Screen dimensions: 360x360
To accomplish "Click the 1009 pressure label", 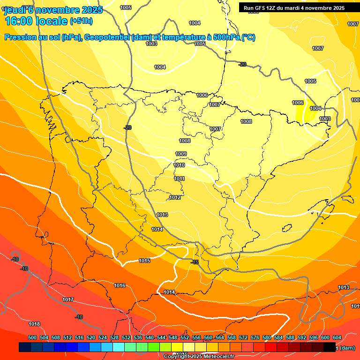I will coord(181,154).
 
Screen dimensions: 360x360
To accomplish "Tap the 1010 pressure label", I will coord(179,165).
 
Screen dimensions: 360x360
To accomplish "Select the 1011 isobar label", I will coord(179,179).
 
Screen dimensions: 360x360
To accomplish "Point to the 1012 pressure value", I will coord(175,198).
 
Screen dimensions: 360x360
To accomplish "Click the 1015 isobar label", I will coord(144,261).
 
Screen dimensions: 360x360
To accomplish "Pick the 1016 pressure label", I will coord(120,285).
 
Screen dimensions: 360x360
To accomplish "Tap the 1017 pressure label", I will coord(68,300).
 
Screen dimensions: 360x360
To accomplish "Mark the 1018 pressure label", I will coord(34,324).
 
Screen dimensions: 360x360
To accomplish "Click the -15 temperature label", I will coord(195,262).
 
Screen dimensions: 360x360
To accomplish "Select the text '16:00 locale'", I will coord(36,21).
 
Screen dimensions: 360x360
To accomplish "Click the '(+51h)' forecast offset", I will coord(81,21).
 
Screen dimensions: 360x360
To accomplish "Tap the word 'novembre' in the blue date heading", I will coord(57,10).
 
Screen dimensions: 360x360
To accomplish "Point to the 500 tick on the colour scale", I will coord(32,337).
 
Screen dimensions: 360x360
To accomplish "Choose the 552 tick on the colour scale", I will coord(185,337).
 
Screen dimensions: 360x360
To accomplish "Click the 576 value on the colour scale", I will coord(255,337).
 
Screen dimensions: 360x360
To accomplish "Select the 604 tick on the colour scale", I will coord(337,337).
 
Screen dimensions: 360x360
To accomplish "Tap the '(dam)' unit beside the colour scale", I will coord(347,348).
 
